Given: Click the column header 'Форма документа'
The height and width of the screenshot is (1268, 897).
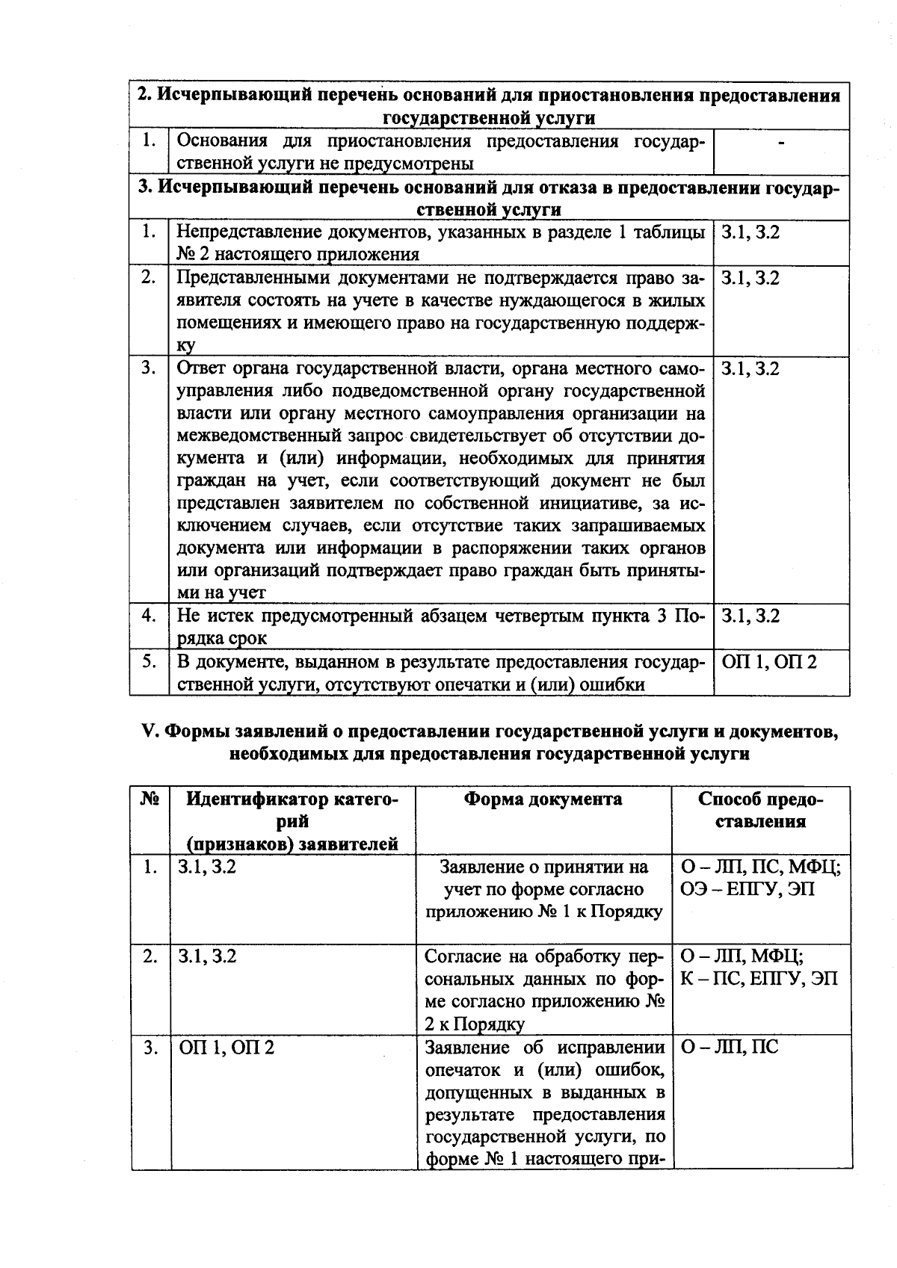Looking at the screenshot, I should (x=543, y=800).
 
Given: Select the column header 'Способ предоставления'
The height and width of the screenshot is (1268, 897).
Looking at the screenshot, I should (x=761, y=811).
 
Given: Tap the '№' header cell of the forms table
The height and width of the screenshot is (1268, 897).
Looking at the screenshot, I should (x=150, y=800).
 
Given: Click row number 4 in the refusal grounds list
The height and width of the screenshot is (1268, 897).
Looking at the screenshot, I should (x=149, y=616).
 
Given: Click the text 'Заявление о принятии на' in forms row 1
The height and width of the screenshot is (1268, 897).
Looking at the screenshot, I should (x=543, y=868).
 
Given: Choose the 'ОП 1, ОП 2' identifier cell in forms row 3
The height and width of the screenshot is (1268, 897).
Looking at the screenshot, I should (x=226, y=1048).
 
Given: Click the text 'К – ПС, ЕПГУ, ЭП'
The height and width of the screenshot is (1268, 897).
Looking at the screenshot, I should (x=759, y=979).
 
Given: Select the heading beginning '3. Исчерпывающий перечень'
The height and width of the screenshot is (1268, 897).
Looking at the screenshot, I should (x=489, y=199).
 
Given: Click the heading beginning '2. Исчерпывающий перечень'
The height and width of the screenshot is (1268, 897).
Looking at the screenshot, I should (x=489, y=107).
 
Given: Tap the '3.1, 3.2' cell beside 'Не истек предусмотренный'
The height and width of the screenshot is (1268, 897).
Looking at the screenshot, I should (x=750, y=616).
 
